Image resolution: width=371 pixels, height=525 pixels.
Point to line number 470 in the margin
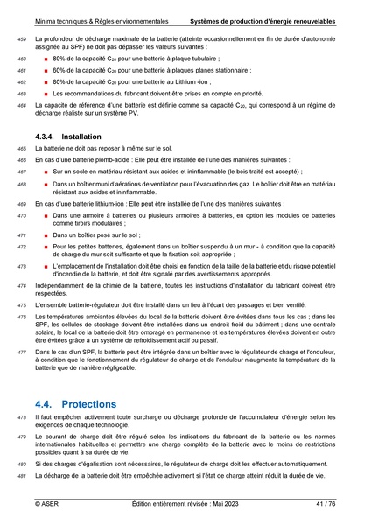coord(22,214)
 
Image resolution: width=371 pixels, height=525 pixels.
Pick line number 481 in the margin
coord(22,474)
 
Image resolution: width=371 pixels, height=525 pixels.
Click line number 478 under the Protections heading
coord(22,418)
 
